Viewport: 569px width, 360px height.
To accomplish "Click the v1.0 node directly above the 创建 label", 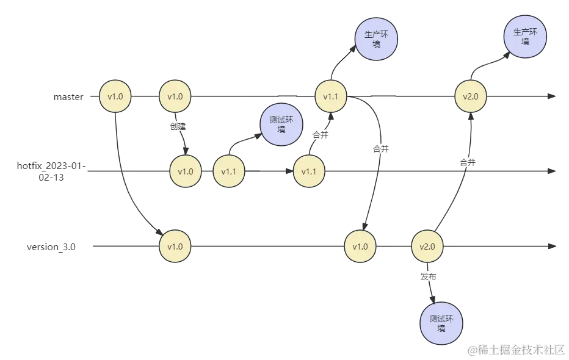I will click(175, 96).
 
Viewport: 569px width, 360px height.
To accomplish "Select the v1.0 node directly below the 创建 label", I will click(186, 171).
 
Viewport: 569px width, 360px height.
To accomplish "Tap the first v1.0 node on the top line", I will click(115, 96).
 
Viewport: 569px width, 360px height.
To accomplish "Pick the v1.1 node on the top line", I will click(330, 96).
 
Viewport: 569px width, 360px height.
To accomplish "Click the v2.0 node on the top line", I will click(471, 96).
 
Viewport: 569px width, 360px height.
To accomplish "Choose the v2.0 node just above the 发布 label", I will click(427, 247).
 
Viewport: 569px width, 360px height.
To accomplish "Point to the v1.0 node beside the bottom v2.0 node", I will click(360, 247).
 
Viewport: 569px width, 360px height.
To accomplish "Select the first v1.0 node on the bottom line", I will click(175, 247).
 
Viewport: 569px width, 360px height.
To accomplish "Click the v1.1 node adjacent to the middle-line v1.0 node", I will click(228, 171).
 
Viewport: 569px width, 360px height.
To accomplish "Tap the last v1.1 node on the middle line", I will click(309, 171).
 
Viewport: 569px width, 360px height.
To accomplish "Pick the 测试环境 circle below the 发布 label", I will click(441, 323).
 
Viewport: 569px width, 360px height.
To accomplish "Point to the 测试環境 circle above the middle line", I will click(281, 124).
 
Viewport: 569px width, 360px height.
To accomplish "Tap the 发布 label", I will click(429, 276).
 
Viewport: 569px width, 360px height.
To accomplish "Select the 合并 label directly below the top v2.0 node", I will click(468, 162).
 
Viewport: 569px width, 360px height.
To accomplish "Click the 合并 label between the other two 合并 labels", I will click(380, 149).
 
